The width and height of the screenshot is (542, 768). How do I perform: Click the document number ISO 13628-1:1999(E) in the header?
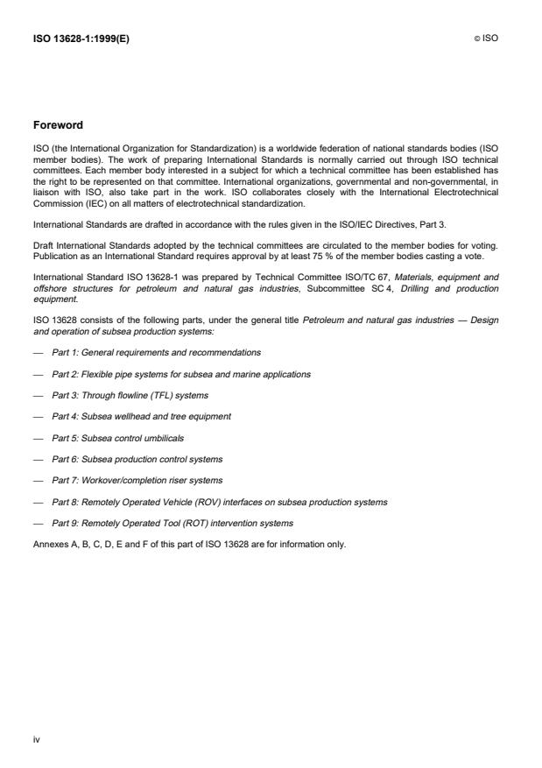78,39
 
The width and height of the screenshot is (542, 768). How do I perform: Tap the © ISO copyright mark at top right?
486,39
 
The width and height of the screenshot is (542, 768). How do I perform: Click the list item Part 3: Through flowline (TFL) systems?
132,395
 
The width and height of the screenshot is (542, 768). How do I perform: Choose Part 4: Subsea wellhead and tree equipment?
141,416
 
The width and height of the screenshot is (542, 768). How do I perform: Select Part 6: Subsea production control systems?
137,459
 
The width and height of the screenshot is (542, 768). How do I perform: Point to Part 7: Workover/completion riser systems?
137,480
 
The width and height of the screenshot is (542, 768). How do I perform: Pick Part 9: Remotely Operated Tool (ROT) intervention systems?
172,523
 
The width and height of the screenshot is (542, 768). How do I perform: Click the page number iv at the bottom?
37,739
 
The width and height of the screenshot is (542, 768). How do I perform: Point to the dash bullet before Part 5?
38,437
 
